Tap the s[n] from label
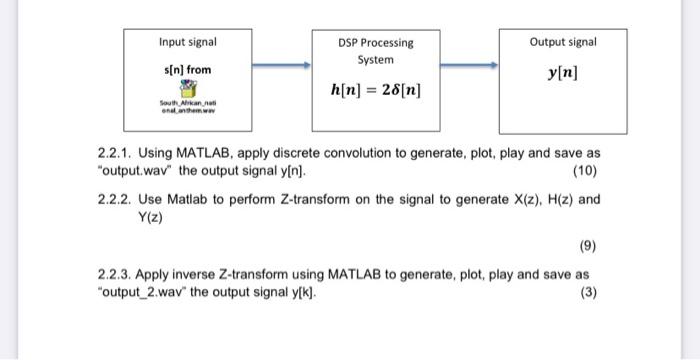(x=187, y=70)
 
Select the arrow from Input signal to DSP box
(x=281, y=67)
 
